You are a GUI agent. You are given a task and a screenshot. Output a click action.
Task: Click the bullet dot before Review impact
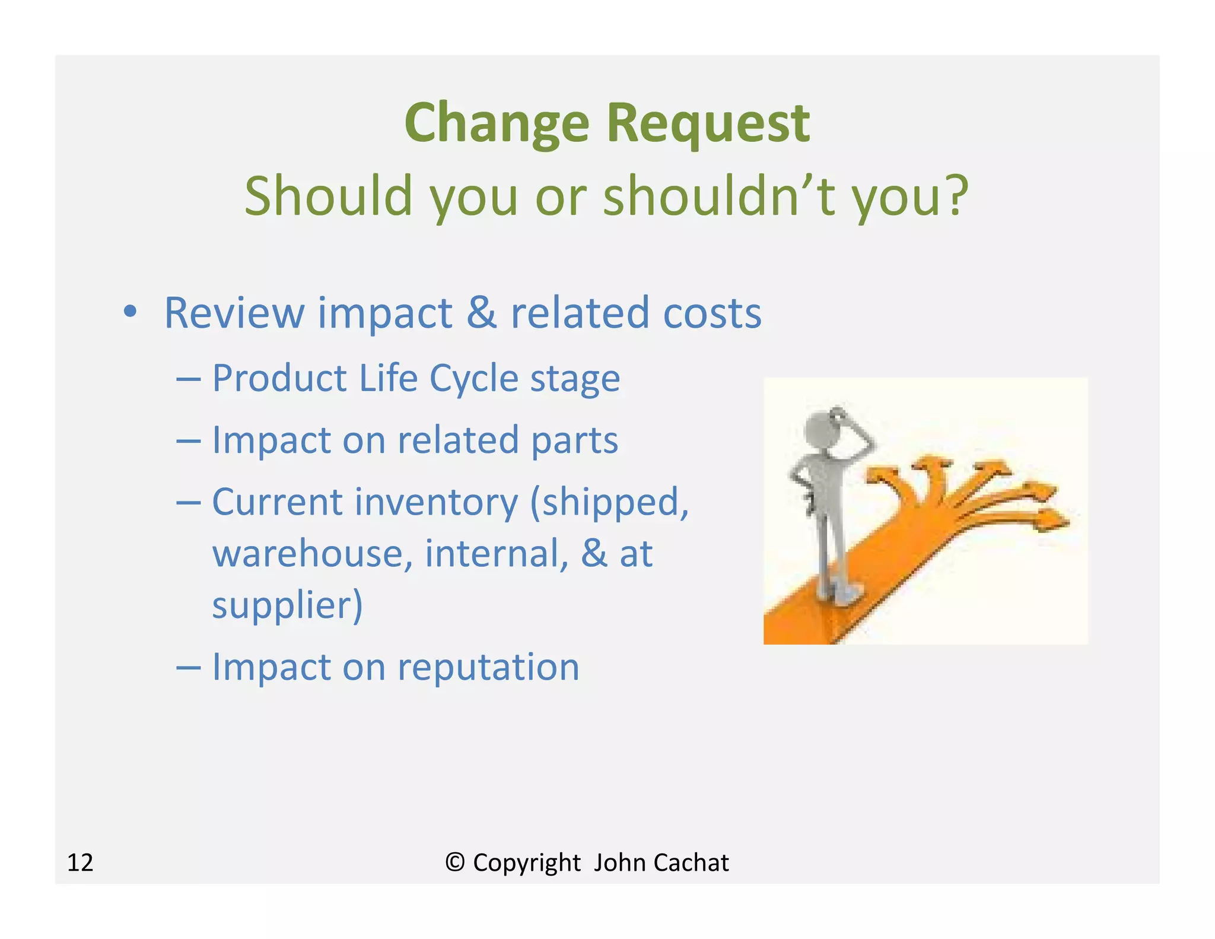tap(130, 311)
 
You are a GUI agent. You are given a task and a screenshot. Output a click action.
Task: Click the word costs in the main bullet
tap(712, 313)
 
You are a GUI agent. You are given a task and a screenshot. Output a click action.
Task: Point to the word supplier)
tap(287, 605)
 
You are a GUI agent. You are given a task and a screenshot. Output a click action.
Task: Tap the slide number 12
tap(80, 862)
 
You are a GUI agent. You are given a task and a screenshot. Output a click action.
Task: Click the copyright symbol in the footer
tap(454, 862)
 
